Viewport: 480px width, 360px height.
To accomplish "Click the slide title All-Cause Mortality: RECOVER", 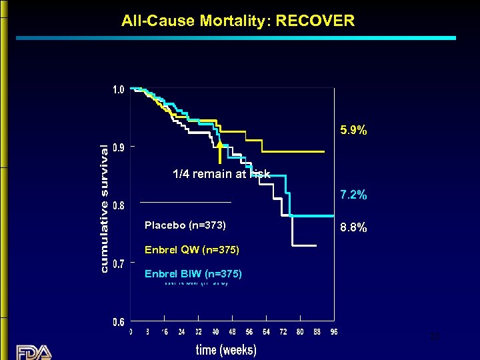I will (238, 21).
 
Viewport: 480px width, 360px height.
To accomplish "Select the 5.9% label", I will (353, 131).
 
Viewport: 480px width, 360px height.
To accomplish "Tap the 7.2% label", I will (353, 195).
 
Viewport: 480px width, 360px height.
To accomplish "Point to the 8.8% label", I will (353, 227).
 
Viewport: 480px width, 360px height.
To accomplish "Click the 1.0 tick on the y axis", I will (117, 89).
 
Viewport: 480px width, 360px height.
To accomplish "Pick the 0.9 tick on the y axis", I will (117, 148).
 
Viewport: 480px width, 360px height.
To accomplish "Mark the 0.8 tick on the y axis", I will (117, 206).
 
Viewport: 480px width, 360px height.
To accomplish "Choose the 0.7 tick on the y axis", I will (117, 264).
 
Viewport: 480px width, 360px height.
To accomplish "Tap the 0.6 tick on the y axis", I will (117, 322).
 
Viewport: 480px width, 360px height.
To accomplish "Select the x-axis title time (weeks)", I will (226, 349).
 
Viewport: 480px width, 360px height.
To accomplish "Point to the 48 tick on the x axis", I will (232, 332).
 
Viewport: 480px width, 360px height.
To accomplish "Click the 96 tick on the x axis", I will (333, 332).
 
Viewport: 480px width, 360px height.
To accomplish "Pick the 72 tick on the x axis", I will (283, 332).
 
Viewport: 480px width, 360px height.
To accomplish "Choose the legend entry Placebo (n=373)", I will (185, 226).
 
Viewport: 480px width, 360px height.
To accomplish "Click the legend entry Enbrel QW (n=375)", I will (191, 251).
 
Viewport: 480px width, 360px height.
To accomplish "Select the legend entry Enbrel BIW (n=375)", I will (193, 274).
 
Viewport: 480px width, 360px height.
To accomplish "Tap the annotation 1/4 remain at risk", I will (221, 175).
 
